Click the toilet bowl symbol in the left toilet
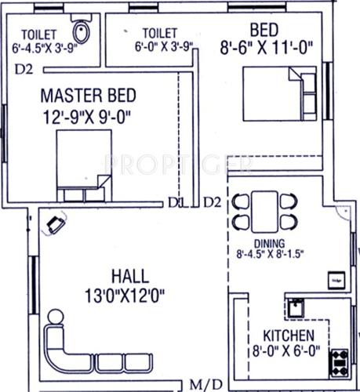[78, 32]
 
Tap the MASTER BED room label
[88, 96]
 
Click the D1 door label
[175, 203]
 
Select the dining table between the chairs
[267, 209]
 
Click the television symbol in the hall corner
[55, 224]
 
